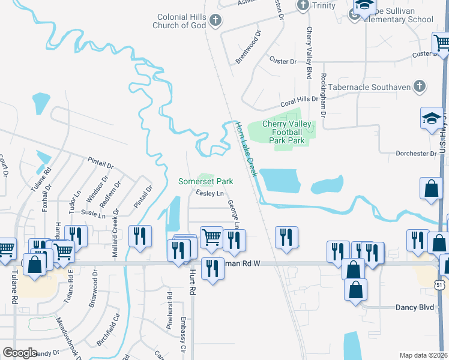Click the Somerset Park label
tap(205, 181)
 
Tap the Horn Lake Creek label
tap(246, 149)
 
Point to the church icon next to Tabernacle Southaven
tap(420, 87)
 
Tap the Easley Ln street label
tap(210, 193)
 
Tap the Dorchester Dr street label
tap(416, 154)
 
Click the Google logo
tap(20, 352)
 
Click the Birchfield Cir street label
tap(108, 333)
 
